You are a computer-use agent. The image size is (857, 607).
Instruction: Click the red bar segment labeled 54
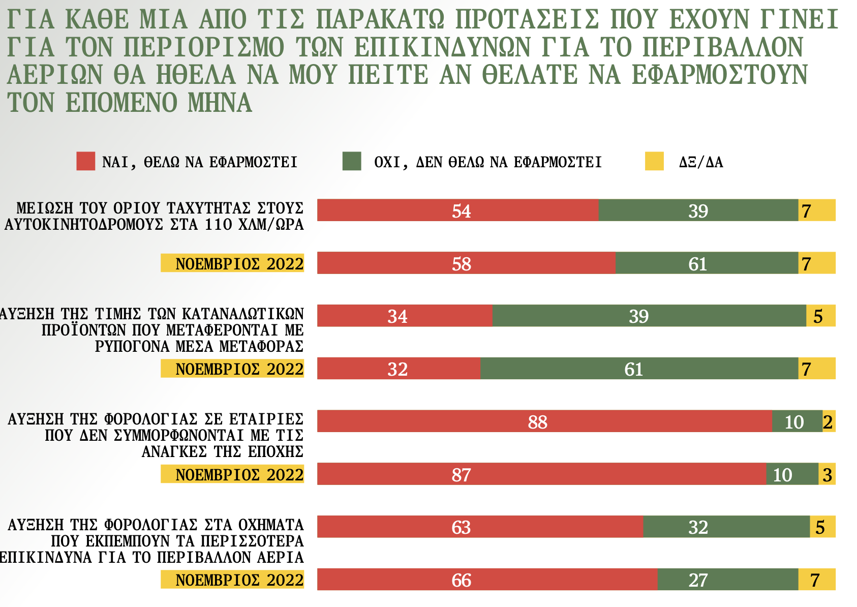click(457, 210)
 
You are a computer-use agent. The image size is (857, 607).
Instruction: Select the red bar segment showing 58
click(466, 263)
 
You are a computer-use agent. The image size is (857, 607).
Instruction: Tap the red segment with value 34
click(405, 316)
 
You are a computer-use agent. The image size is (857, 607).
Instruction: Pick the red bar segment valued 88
click(544, 421)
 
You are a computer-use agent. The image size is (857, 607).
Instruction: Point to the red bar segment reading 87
click(541, 474)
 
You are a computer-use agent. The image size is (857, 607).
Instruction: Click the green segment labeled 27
click(727, 580)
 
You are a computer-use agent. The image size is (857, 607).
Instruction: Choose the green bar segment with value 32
click(726, 527)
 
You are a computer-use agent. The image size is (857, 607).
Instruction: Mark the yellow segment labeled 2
click(829, 421)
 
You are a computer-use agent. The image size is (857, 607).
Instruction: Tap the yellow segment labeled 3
click(827, 474)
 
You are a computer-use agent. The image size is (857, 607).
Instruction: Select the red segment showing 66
click(487, 580)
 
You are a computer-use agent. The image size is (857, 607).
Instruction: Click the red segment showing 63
click(480, 527)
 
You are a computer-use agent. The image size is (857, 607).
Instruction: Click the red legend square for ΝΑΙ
click(85, 161)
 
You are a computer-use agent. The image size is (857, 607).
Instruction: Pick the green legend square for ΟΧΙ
click(352, 161)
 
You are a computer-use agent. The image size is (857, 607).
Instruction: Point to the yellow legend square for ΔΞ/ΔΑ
click(654, 161)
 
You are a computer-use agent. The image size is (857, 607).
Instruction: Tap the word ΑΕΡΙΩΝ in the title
click(55, 75)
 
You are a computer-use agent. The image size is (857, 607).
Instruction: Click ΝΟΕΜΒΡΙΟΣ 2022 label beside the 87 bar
click(232, 474)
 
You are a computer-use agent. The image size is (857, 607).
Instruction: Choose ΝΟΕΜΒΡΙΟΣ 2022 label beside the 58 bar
click(232, 263)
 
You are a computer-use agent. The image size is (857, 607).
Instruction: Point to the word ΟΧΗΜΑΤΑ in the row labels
click(271, 525)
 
